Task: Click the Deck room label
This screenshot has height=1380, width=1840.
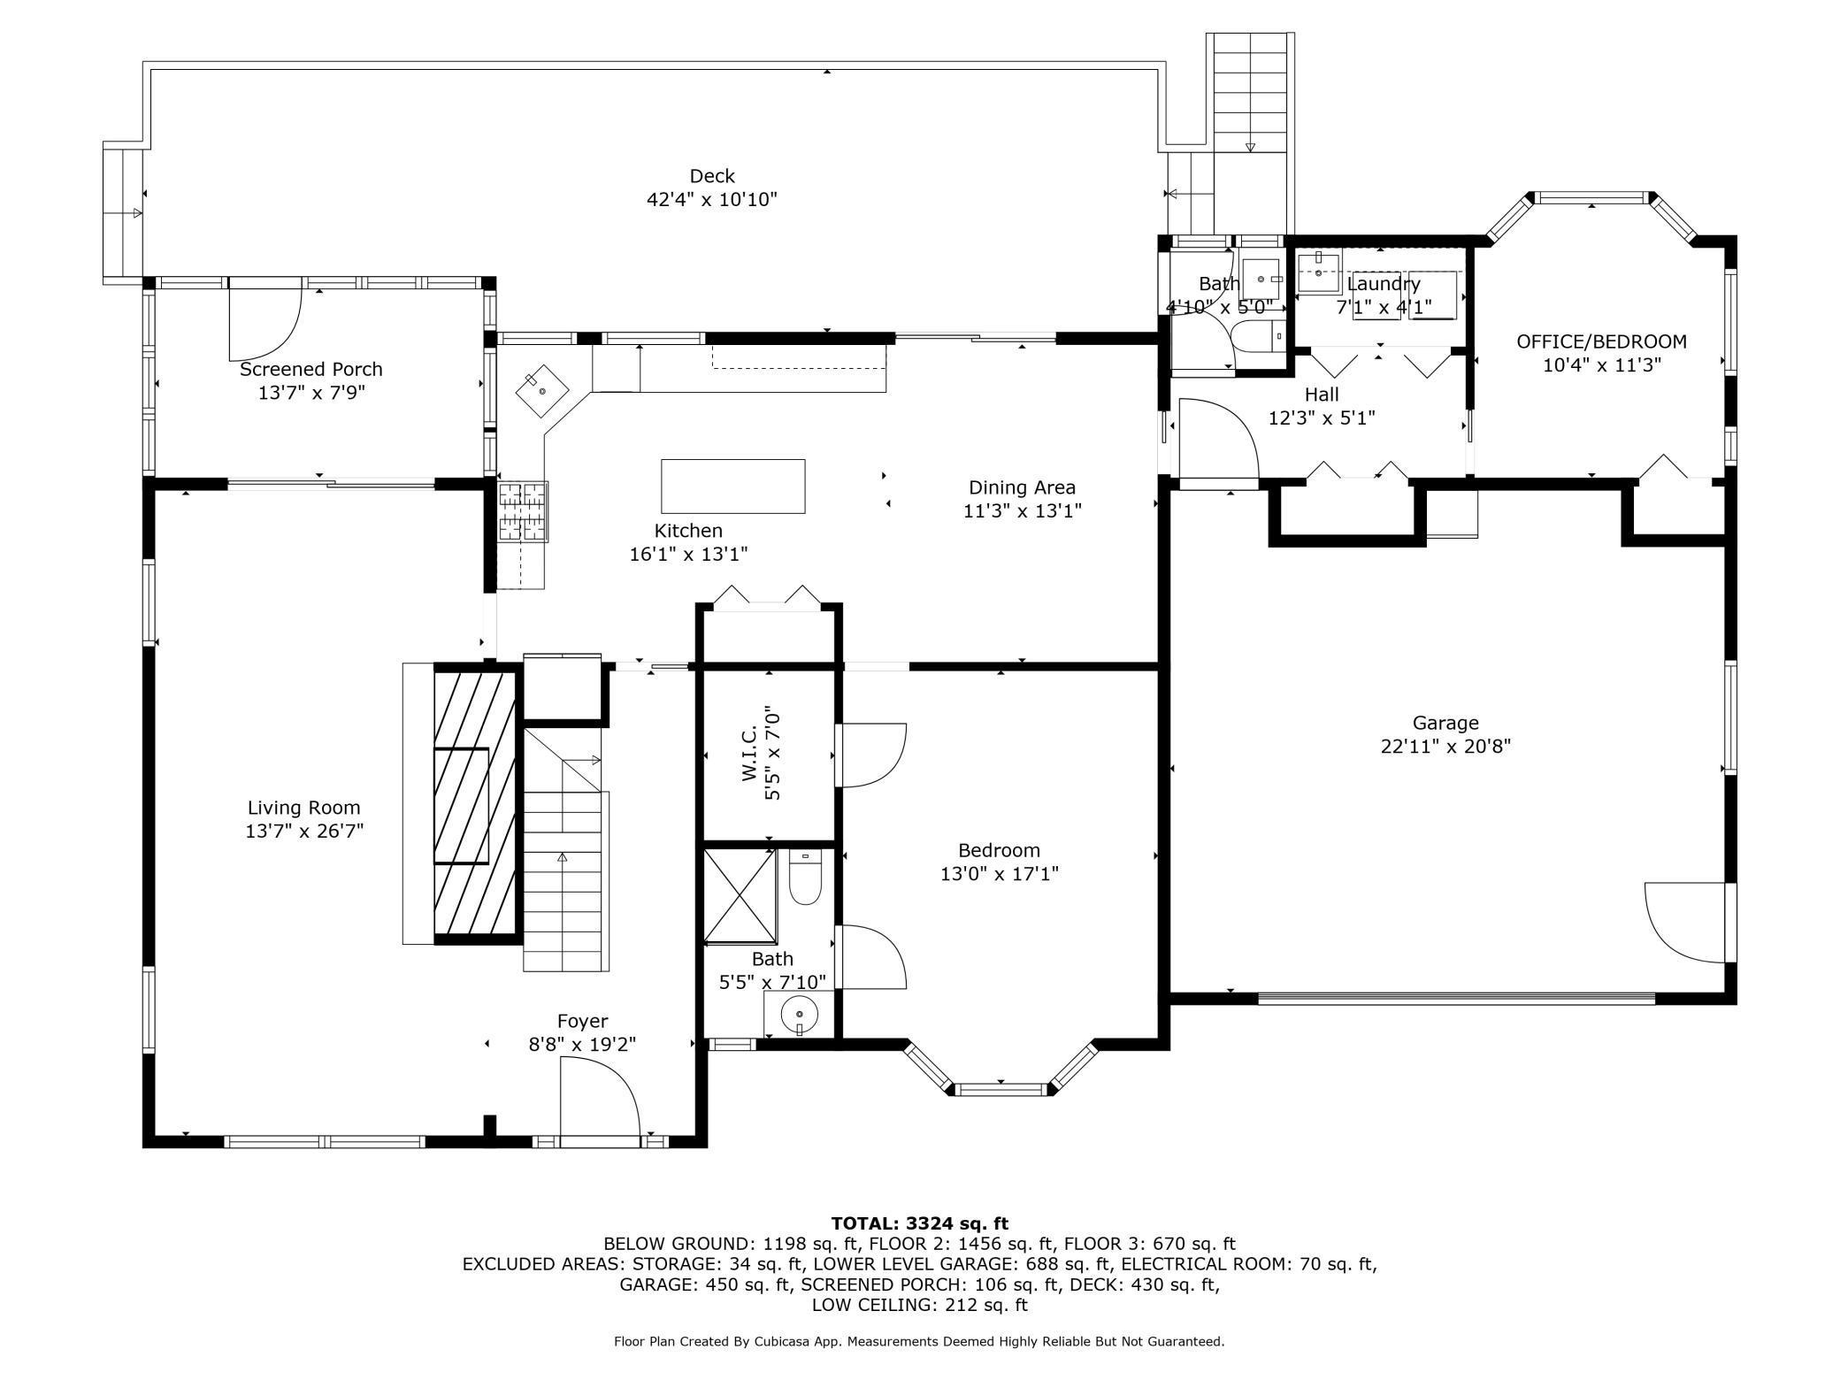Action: click(x=712, y=176)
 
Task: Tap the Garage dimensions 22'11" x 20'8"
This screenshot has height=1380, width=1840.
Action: click(x=1445, y=746)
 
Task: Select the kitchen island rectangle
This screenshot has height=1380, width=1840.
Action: click(x=733, y=486)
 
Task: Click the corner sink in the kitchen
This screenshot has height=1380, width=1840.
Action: click(x=542, y=390)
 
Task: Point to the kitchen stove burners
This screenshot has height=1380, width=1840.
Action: click(x=523, y=511)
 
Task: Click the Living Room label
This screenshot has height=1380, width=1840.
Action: click(x=303, y=808)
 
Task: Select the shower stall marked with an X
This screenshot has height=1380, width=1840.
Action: click(x=740, y=896)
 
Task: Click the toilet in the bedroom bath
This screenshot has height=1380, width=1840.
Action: click(x=805, y=877)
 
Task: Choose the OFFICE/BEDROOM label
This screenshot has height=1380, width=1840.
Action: click(x=1601, y=341)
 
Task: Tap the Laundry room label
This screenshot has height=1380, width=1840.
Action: click(x=1384, y=284)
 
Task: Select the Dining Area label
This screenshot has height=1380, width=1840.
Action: click(x=1022, y=487)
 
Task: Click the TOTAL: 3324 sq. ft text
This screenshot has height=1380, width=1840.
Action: click(x=920, y=1223)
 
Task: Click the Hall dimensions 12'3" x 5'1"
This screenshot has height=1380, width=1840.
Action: click(x=1322, y=418)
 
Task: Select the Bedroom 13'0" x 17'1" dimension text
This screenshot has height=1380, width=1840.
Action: click(x=1000, y=874)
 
